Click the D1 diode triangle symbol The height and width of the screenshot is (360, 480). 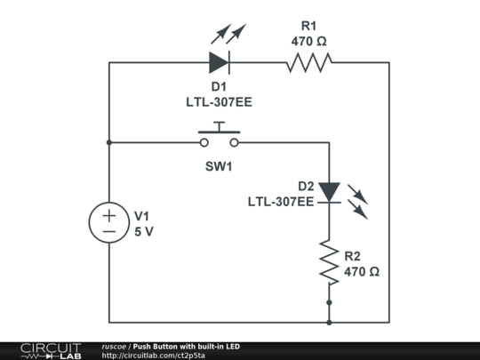pyautogui.click(x=219, y=62)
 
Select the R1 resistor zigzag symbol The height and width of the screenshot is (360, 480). pyautogui.click(x=308, y=62)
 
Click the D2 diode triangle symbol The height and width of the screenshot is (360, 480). pyautogui.click(x=330, y=191)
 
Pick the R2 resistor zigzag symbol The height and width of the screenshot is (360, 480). pyautogui.click(x=330, y=261)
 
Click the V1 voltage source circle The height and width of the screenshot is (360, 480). pyautogui.click(x=108, y=222)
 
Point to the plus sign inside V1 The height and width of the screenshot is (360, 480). pyautogui.click(x=108, y=214)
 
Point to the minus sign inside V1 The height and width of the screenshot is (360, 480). pyautogui.click(x=108, y=231)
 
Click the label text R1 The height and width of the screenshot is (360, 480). pyautogui.click(x=308, y=26)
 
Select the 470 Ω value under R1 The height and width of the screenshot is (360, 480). pyautogui.click(x=308, y=41)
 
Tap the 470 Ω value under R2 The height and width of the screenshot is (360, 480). pyautogui.click(x=362, y=271)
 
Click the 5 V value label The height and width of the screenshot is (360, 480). pyautogui.click(x=144, y=230)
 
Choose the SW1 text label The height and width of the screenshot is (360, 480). pyautogui.click(x=219, y=166)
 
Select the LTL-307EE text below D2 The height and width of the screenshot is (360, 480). pyautogui.click(x=280, y=202)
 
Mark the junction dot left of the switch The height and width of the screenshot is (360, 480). pyautogui.click(x=108, y=142)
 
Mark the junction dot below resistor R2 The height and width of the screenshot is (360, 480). pyautogui.click(x=330, y=302)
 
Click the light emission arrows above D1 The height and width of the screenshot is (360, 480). pyautogui.click(x=228, y=35)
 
